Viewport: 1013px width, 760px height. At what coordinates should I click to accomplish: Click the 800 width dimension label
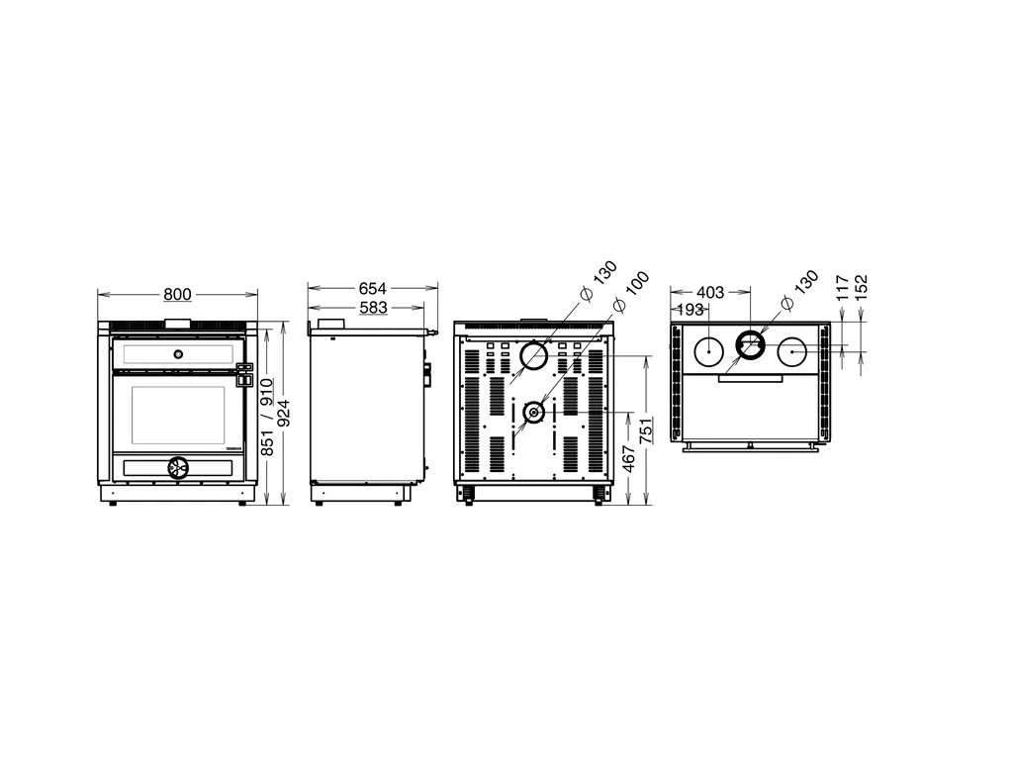pos(177,295)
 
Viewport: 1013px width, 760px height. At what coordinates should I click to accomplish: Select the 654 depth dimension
pos(372,288)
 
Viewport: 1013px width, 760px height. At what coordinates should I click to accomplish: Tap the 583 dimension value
pos(373,308)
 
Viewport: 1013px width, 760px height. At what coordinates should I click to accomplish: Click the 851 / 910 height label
pos(267,417)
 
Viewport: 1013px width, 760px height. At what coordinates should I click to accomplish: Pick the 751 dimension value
pos(646,429)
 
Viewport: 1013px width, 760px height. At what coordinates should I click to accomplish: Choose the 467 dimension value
pos(628,457)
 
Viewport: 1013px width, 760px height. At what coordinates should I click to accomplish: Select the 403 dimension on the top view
pos(710,293)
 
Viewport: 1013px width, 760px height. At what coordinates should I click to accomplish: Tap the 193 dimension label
pos(690,310)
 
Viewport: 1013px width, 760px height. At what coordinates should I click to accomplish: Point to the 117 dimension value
pos(843,288)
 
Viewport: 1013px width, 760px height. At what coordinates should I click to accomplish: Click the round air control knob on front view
pos(177,467)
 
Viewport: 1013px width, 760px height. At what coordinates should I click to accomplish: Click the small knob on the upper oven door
pos(178,353)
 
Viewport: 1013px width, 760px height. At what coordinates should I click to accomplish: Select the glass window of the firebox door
pos(178,418)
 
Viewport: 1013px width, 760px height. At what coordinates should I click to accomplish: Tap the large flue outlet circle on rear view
pos(534,355)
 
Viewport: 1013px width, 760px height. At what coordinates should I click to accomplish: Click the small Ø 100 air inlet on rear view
pos(533,413)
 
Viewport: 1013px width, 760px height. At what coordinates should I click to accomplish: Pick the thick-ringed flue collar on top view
pos(750,345)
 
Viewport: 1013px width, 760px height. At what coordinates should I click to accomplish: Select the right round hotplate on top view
pos(791,353)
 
